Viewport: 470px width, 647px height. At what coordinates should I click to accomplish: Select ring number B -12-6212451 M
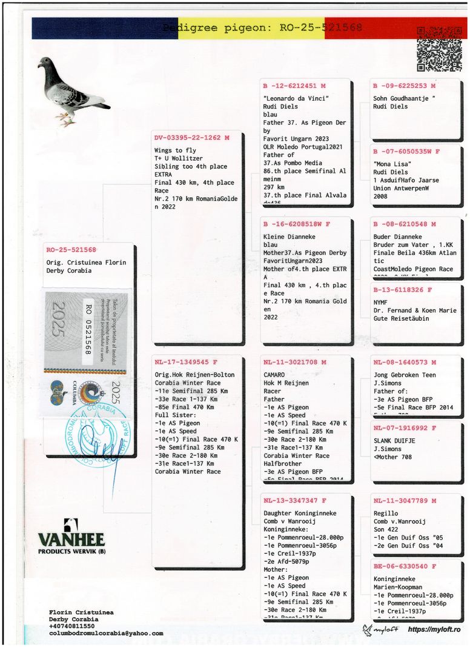point(294,86)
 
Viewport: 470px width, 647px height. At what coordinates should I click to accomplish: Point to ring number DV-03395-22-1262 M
point(192,138)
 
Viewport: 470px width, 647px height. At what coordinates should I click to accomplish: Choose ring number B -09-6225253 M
point(404,86)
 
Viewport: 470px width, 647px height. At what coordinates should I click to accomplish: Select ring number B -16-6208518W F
point(297,224)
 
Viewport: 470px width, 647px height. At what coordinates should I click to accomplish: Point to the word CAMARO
point(274,375)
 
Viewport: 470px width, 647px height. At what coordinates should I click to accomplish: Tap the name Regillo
point(386,514)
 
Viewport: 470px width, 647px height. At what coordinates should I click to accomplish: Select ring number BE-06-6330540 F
point(405,566)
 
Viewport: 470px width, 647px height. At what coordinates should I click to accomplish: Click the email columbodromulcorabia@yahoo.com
point(106,633)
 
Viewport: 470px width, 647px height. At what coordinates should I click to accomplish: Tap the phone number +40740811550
point(71,626)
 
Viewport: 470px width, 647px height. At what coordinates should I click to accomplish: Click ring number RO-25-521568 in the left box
point(71,249)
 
